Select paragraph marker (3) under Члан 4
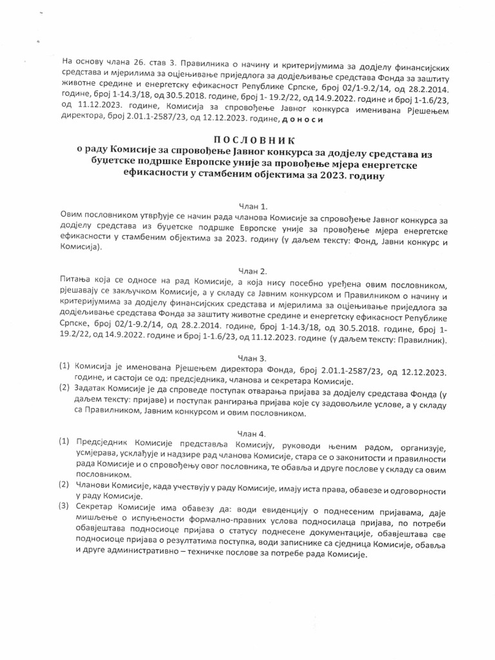click(x=64, y=505)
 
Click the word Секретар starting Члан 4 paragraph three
click(x=97, y=505)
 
